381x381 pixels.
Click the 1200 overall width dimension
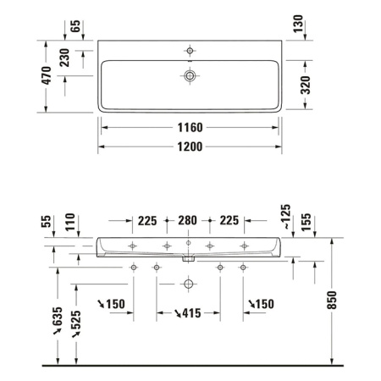190,146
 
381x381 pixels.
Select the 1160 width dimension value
190,128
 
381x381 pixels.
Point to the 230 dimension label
63,59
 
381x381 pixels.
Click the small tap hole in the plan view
190,52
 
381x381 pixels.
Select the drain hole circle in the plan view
190,76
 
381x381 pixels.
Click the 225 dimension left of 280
147,222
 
